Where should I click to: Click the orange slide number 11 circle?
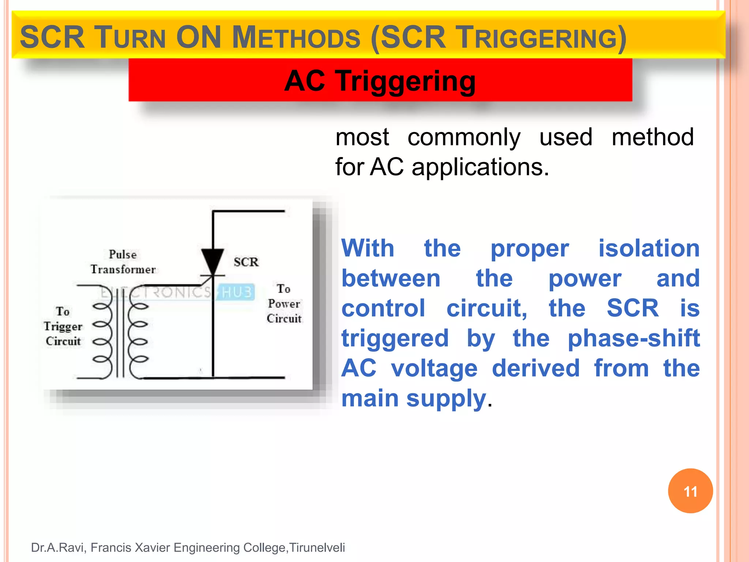tap(690, 491)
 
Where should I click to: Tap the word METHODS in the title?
tap(296, 38)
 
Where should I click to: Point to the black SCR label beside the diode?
tap(246, 262)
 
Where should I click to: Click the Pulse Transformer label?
tap(123, 262)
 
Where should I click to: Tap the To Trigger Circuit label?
tap(63, 326)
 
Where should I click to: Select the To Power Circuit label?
tap(284, 304)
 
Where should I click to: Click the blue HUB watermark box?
tap(236, 292)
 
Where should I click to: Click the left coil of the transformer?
tap(103, 332)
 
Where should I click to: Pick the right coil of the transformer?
tap(138, 332)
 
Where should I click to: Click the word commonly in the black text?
tap(464, 137)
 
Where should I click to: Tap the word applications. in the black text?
tap(480, 167)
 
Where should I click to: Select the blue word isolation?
tap(649, 248)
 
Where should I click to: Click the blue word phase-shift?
tap(633, 338)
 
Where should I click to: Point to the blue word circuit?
tap(487, 308)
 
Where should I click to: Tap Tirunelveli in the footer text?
tap(317, 547)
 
